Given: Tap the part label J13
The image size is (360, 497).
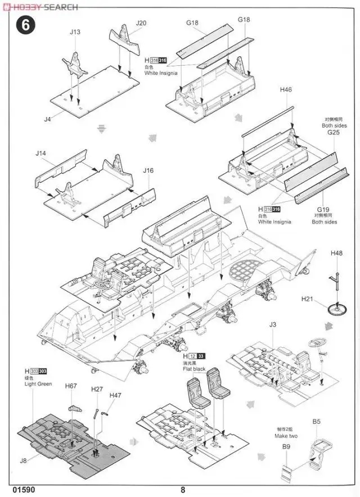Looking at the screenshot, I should (75, 32).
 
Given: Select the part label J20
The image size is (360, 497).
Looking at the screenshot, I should (141, 23).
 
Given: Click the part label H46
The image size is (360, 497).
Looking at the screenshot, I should (286, 89).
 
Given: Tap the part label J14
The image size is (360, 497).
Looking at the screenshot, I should (40, 153).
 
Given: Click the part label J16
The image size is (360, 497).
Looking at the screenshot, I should (148, 170).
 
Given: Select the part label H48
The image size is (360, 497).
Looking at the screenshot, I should (336, 254).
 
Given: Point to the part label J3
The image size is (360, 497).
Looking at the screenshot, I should (273, 324).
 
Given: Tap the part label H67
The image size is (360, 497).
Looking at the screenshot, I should (71, 386).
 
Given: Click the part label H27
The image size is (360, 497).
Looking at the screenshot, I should (97, 388).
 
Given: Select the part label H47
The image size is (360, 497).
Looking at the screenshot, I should (116, 396).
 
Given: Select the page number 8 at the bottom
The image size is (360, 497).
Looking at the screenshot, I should (183, 489).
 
